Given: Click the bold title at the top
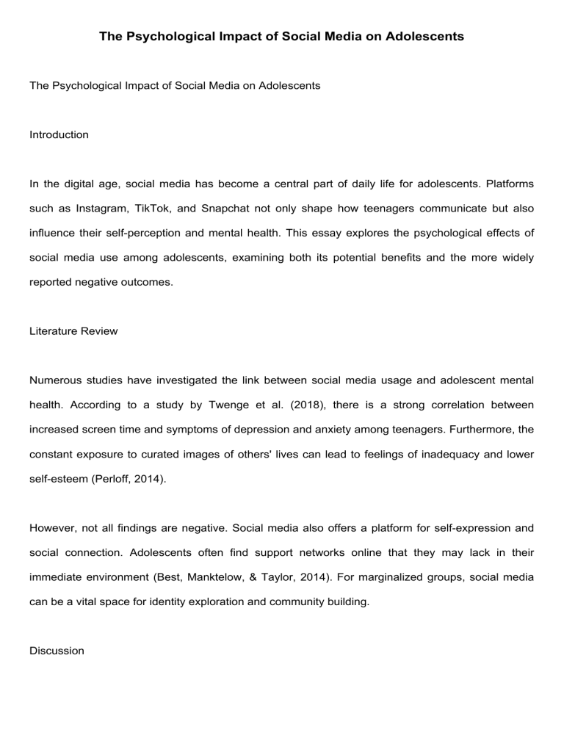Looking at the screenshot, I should [x=282, y=35].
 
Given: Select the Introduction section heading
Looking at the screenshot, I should [x=59, y=134].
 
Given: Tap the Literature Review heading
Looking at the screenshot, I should [x=73, y=331].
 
